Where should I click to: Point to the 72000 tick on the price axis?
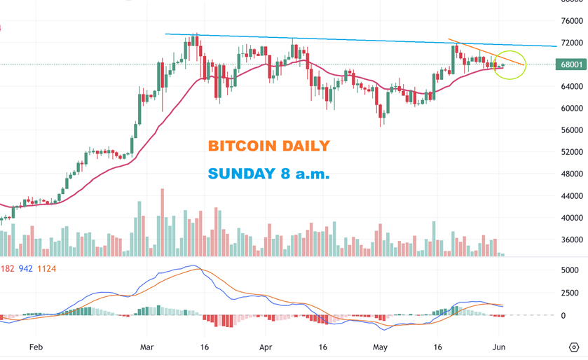pyautogui.click(x=572, y=43)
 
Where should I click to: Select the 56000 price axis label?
pyautogui.click(x=572, y=130)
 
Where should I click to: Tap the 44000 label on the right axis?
pyautogui.click(x=572, y=195)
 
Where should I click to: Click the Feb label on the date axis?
pyautogui.click(x=36, y=347)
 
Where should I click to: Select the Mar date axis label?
pyautogui.click(x=147, y=347)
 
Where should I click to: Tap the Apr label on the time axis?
pyautogui.click(x=265, y=347)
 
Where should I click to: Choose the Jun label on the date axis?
pyautogui.click(x=498, y=347)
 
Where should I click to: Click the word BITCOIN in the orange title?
pyautogui.click(x=242, y=146)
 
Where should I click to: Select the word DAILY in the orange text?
pyautogui.click(x=305, y=146)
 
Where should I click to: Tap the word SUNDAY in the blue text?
pyautogui.click(x=238, y=174)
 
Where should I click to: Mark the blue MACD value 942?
pyautogui.click(x=26, y=268)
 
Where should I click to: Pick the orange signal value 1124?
pyautogui.click(x=48, y=268)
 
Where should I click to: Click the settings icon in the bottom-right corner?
pyautogui.click(x=573, y=347)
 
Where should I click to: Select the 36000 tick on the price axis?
pyautogui.click(x=572, y=240)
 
